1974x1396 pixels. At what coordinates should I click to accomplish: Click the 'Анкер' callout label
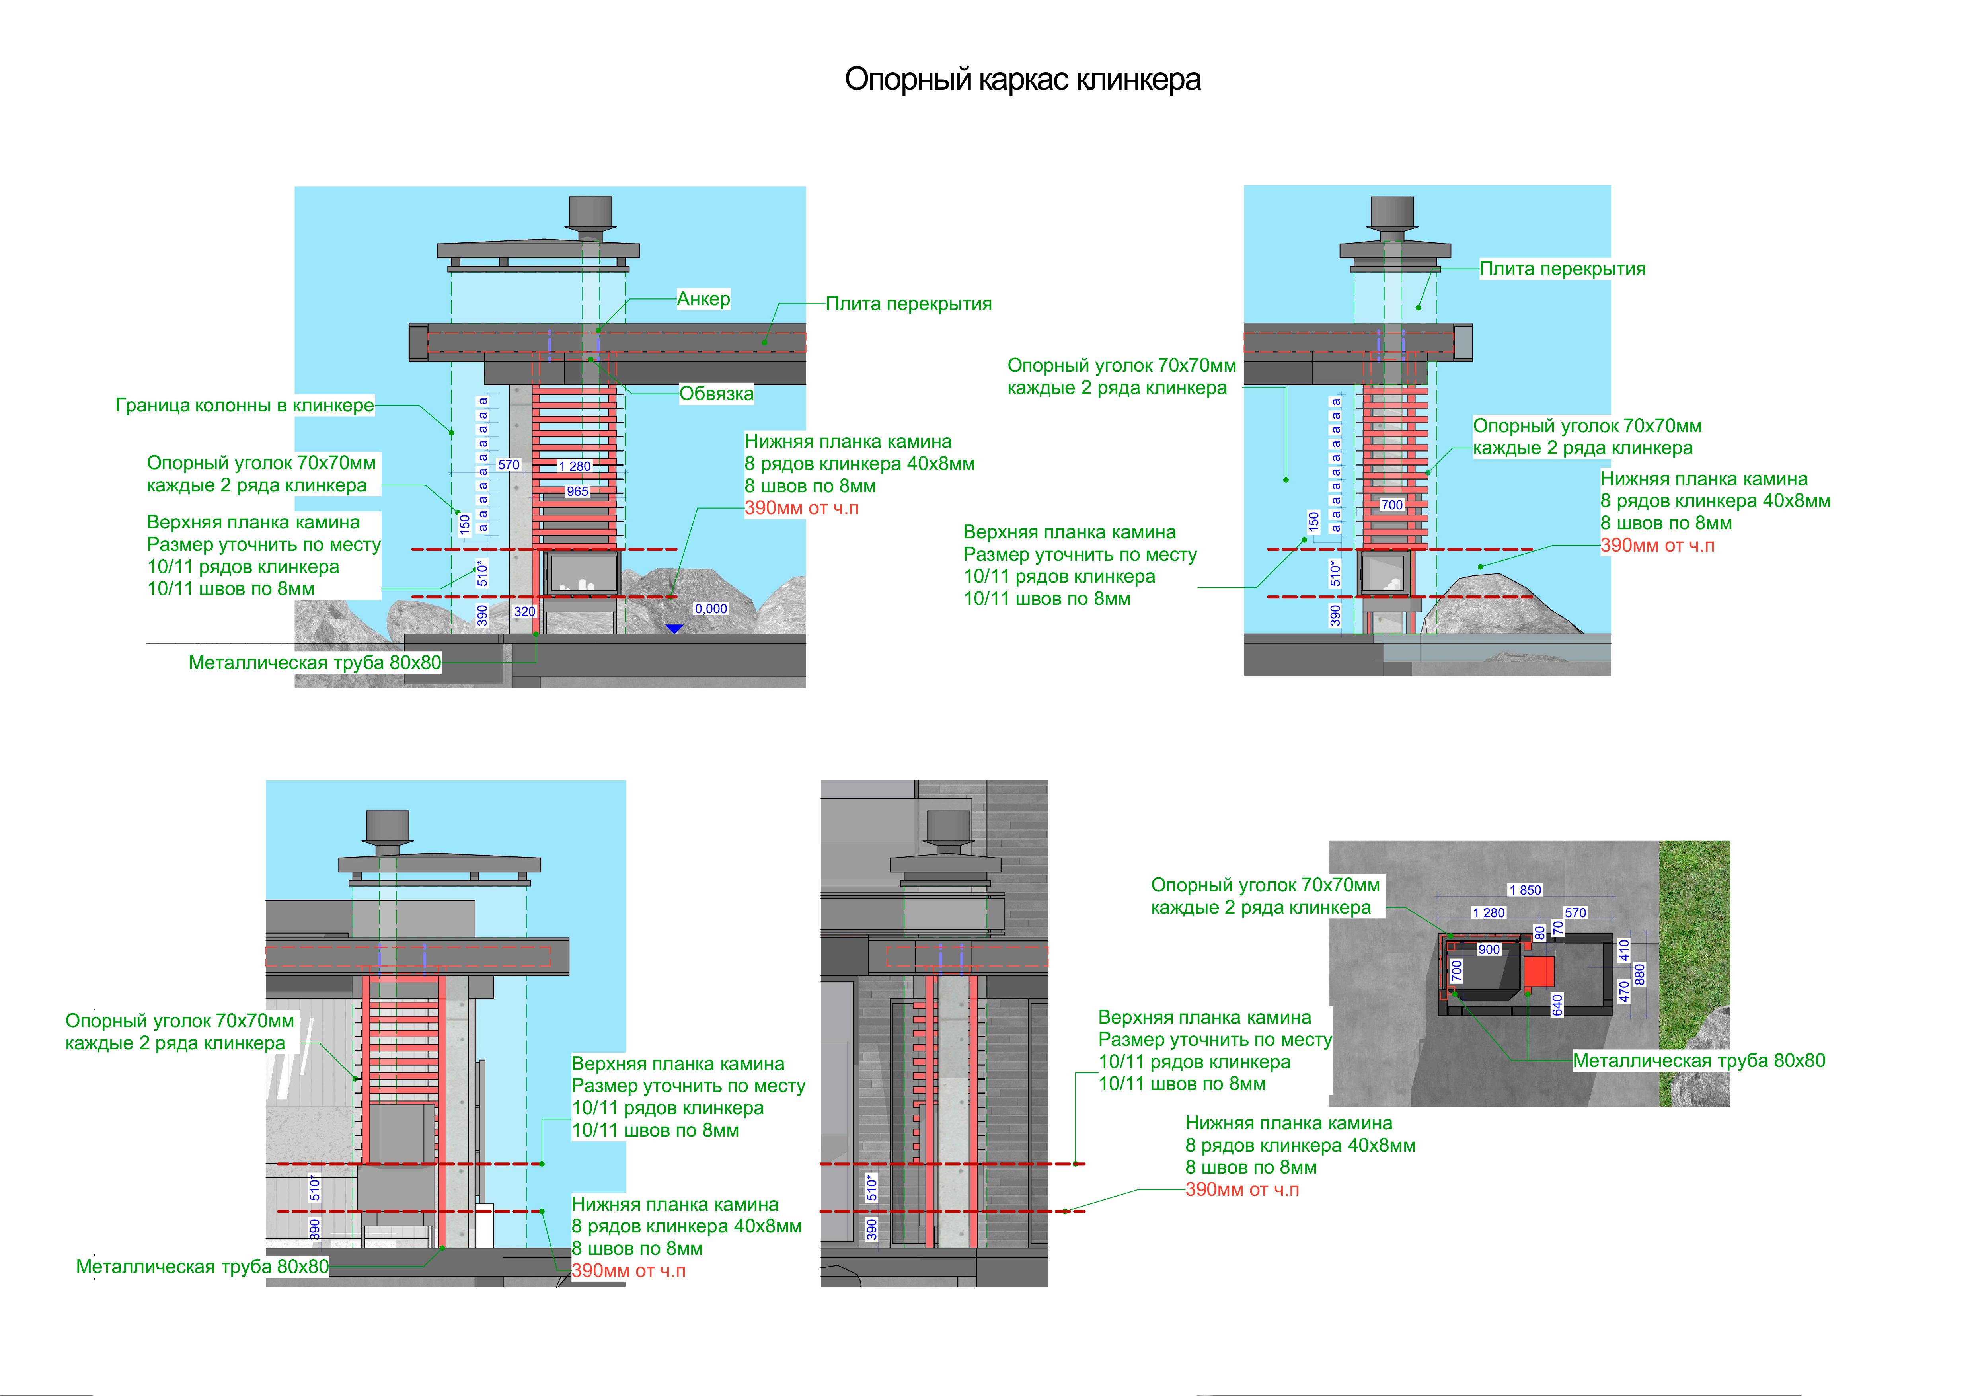[703, 299]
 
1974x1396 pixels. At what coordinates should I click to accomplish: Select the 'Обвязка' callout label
[716, 394]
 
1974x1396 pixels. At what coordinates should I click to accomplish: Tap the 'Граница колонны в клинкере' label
[245, 405]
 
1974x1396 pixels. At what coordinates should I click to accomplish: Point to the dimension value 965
[578, 492]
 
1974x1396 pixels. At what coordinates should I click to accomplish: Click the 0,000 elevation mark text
[711, 608]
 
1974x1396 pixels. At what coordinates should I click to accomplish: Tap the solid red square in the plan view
[1539, 971]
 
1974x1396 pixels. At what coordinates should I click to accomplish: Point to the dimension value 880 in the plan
[1639, 974]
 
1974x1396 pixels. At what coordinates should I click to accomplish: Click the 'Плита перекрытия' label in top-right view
[1562, 269]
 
